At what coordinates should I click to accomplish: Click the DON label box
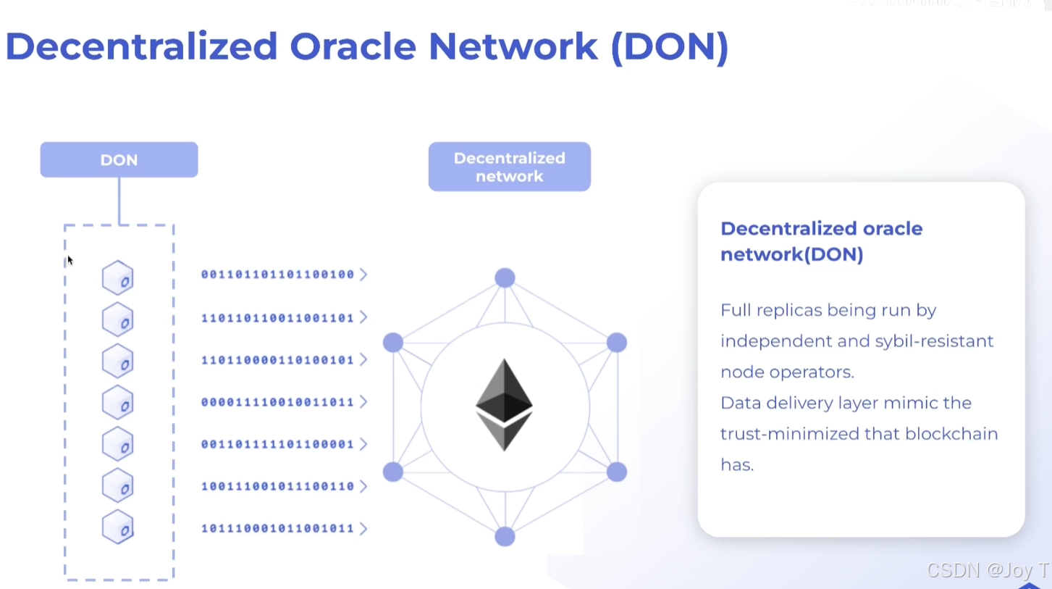pos(119,160)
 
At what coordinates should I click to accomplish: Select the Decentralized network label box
pos(509,167)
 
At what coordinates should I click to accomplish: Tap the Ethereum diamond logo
pos(504,404)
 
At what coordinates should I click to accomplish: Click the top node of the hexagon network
pos(505,277)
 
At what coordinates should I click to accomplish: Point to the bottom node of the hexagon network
pos(505,537)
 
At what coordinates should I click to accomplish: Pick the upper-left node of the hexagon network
pos(393,343)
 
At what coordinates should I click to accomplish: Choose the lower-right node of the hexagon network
pos(616,472)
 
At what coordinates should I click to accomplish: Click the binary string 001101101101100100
pos(277,275)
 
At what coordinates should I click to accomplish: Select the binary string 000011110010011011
pos(277,402)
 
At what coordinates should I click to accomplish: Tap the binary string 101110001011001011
pos(277,528)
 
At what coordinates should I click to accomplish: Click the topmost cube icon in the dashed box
pos(117,278)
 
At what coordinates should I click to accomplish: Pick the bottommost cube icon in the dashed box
pos(117,527)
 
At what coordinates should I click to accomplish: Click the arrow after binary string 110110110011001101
pos(363,317)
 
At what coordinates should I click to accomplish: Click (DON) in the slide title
pos(669,46)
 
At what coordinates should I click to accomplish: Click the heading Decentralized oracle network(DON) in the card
pos(821,241)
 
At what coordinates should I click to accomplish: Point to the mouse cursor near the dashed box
pos(70,260)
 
